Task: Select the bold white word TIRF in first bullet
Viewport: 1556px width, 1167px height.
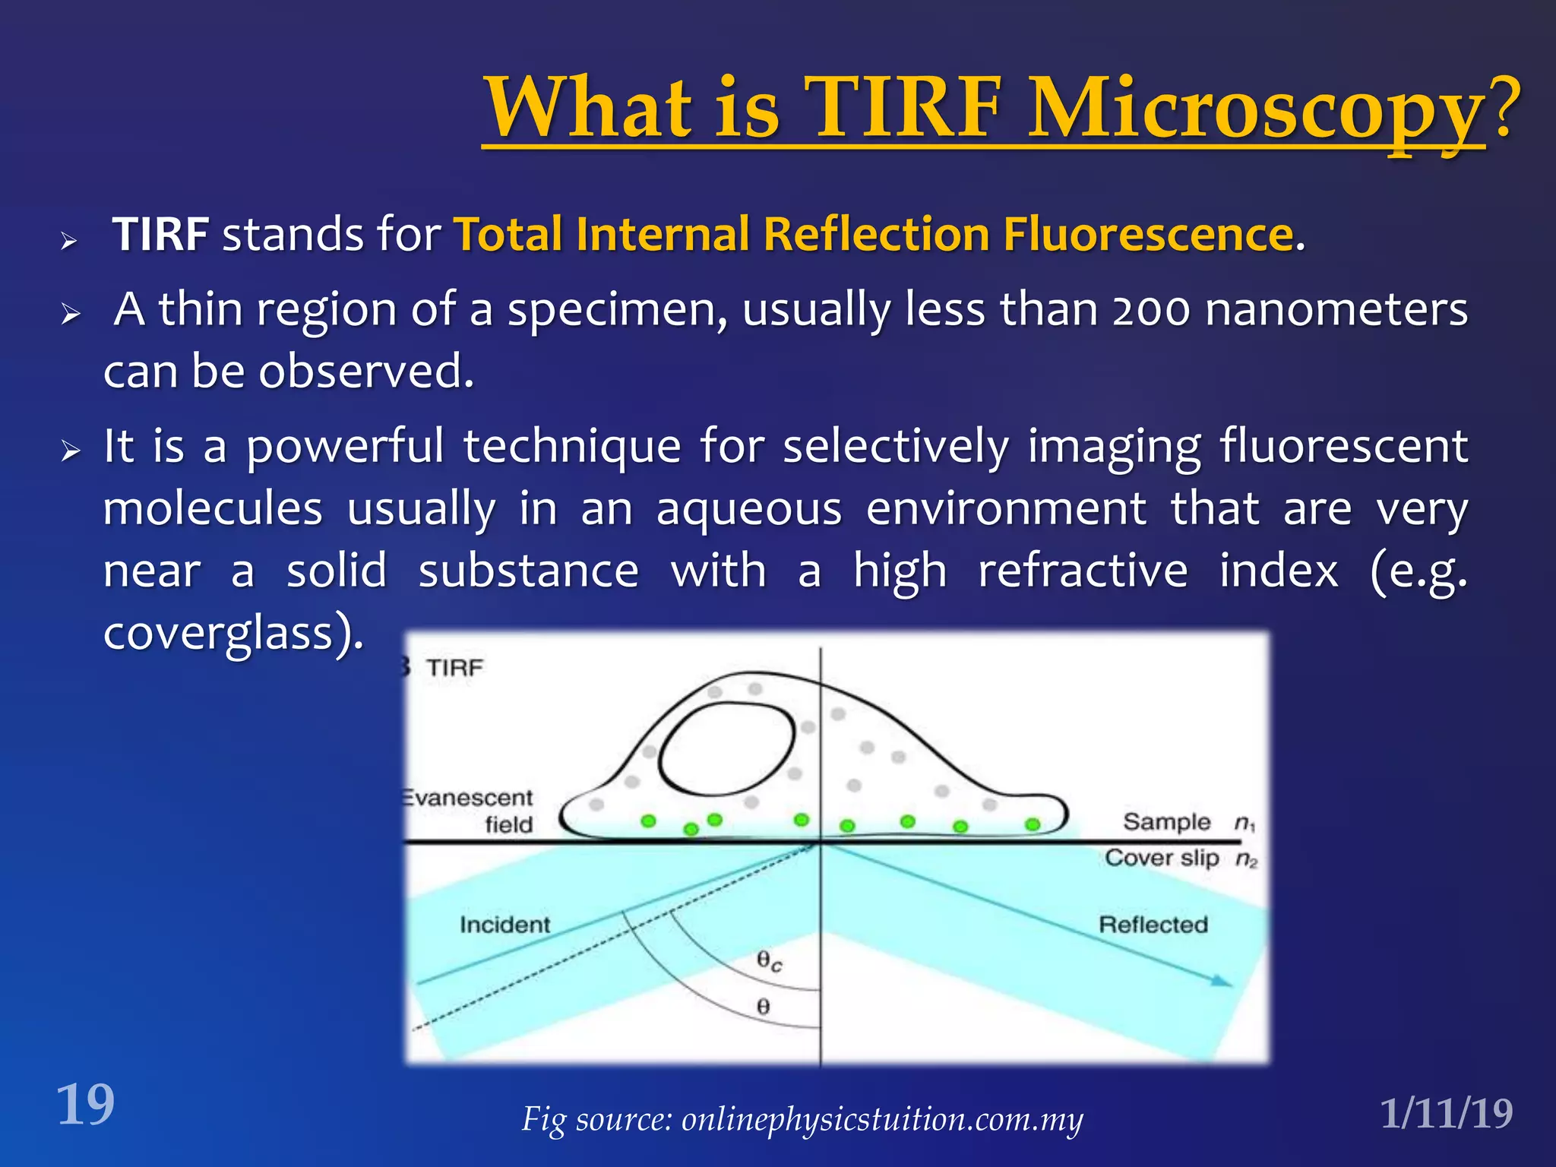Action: (x=160, y=234)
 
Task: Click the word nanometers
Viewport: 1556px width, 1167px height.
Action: (x=1336, y=310)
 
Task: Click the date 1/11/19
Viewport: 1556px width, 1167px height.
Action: (x=1447, y=1114)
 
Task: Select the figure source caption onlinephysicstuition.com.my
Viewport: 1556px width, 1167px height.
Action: (x=881, y=1119)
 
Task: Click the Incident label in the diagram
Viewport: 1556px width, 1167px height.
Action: (x=504, y=925)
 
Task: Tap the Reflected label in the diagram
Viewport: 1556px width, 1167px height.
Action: (x=1153, y=925)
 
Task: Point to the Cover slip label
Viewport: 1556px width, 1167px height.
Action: (x=1162, y=858)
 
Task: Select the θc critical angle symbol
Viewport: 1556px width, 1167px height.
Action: (x=769, y=962)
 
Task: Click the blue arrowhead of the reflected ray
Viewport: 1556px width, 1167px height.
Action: (x=1221, y=982)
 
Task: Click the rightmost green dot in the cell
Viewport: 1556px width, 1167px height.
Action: (x=1033, y=824)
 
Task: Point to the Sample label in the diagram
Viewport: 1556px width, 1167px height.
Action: (x=1166, y=822)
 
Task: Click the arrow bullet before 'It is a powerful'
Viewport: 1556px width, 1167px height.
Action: (x=71, y=451)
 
